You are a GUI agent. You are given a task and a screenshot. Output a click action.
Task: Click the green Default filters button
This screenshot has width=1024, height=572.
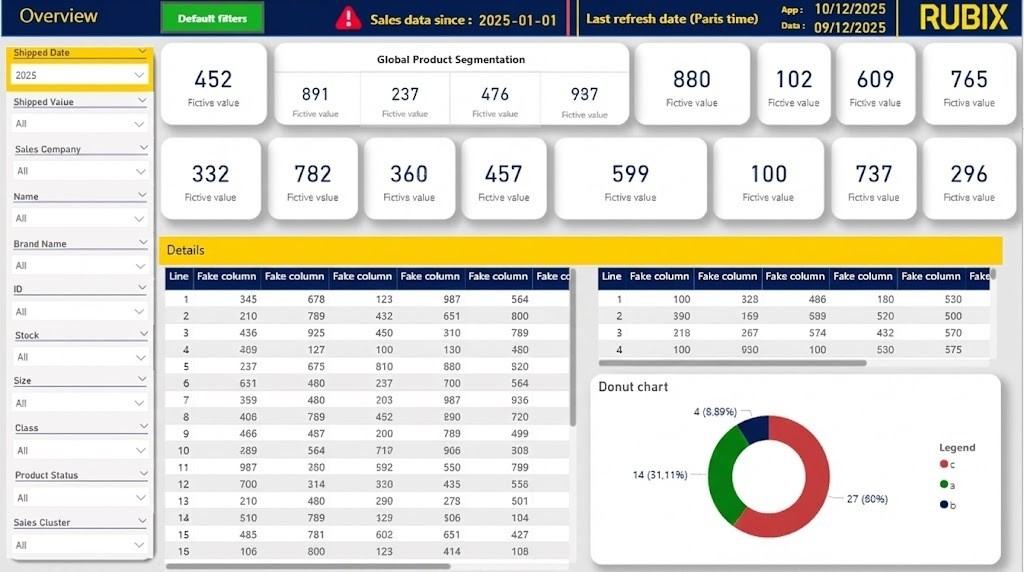(x=212, y=18)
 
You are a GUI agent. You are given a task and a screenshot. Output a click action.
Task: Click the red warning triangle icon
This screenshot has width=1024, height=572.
(x=348, y=18)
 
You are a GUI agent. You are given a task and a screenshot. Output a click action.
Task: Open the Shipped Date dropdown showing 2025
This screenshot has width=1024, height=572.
(x=79, y=75)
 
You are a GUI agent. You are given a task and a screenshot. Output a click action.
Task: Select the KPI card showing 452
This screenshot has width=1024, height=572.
(x=213, y=84)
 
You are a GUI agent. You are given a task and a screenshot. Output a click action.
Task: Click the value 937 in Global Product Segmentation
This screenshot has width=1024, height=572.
(x=584, y=95)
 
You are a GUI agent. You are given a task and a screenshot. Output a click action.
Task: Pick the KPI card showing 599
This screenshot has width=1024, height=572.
(x=630, y=179)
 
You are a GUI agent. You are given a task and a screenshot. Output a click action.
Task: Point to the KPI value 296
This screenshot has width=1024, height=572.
(x=969, y=174)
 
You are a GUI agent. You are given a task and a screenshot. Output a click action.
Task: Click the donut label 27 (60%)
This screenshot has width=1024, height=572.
(x=867, y=499)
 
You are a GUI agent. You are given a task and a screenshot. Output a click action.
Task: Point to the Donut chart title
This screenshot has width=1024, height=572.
(x=633, y=387)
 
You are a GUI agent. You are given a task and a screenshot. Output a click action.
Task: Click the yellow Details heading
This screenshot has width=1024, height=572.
(x=186, y=250)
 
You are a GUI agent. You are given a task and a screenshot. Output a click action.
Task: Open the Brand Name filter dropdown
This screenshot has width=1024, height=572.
(x=79, y=265)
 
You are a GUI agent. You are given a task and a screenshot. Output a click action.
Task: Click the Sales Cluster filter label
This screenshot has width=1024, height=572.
(x=42, y=523)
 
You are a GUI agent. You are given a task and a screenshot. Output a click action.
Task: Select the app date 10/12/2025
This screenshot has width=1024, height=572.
(x=850, y=9)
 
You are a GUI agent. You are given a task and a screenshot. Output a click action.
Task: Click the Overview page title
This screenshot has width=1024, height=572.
(x=59, y=16)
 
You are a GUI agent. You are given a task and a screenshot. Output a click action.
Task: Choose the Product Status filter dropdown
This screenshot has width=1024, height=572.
(x=79, y=497)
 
